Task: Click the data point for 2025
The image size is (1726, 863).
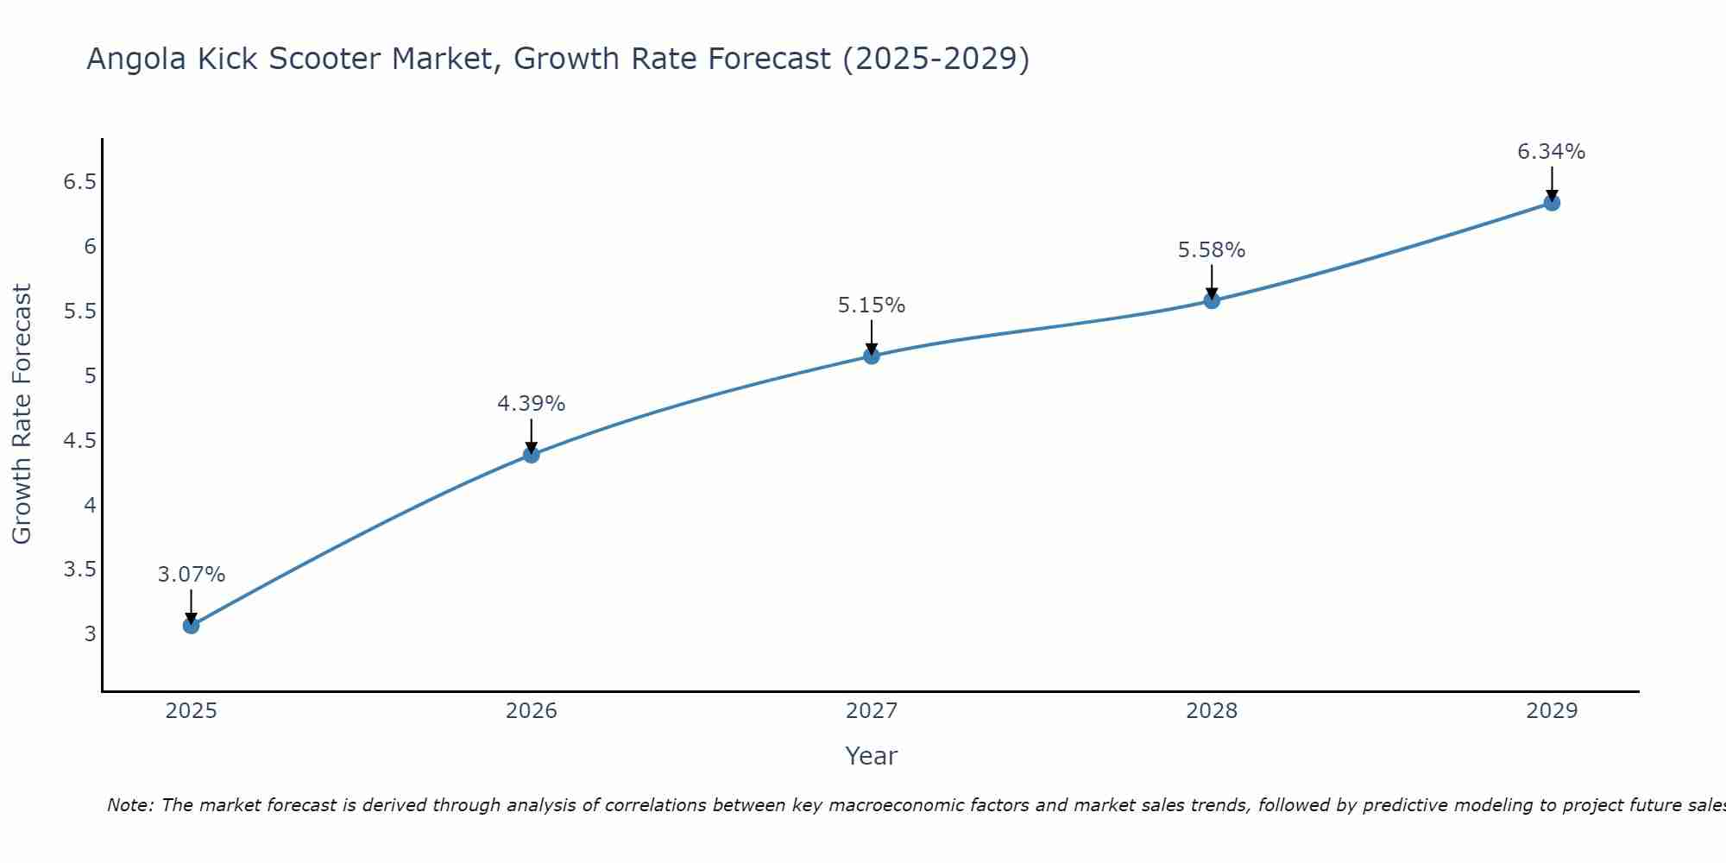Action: [191, 625]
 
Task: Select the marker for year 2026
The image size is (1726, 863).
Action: [532, 454]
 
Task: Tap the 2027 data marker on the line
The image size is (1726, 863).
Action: [872, 356]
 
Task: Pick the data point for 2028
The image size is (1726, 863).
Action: [1212, 300]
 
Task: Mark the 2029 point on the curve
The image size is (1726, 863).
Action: [1552, 203]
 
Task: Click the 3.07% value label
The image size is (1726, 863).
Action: [191, 575]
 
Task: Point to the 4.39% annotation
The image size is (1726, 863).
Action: [532, 404]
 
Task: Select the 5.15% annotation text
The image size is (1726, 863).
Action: [872, 306]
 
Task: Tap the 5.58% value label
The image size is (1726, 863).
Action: [1212, 250]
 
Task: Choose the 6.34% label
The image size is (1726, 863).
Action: [1552, 152]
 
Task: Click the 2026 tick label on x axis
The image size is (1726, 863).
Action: [532, 711]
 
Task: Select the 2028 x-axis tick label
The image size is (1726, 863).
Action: [1212, 711]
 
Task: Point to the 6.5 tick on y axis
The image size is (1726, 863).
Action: [79, 182]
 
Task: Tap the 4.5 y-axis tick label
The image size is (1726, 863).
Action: [79, 440]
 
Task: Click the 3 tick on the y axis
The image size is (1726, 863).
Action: [90, 633]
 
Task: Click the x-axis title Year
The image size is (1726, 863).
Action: [872, 756]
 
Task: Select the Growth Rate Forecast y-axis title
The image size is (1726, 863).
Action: [22, 414]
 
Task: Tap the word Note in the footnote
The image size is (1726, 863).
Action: [129, 805]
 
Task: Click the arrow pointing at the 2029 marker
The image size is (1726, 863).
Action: [1552, 183]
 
